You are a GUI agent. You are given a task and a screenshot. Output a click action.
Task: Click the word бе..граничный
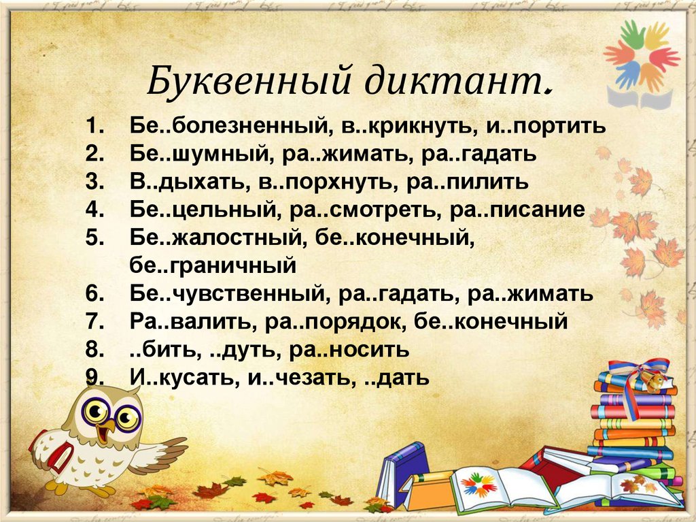coord(213,266)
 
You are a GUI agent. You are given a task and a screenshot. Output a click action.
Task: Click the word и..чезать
coord(292,378)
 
